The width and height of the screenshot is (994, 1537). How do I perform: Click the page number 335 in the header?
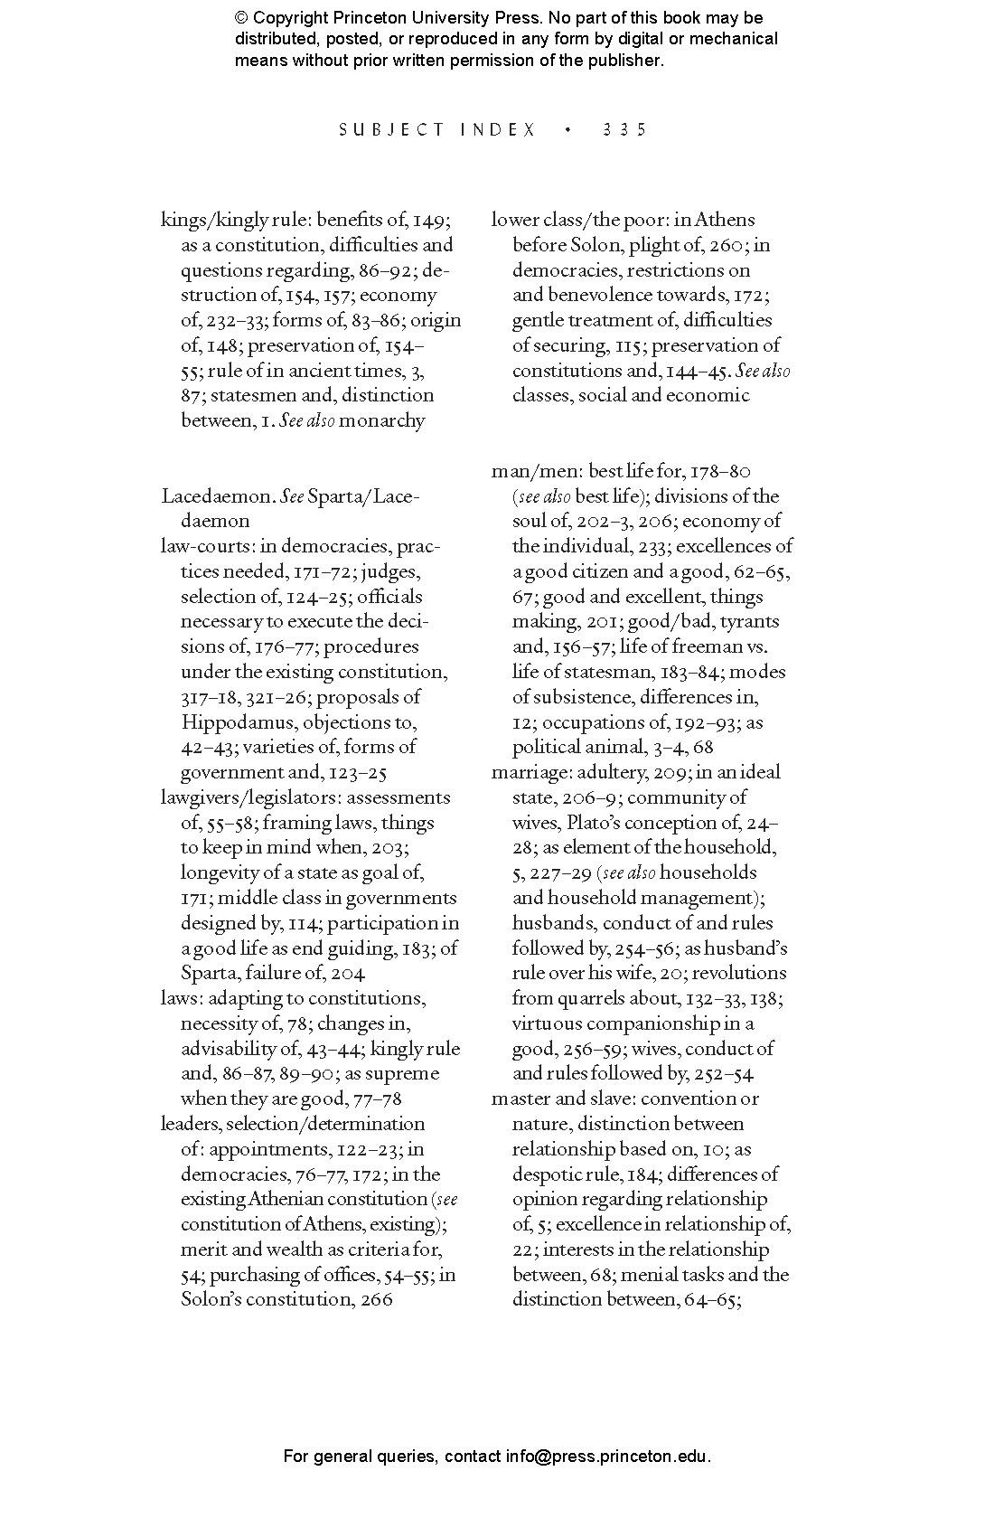pyautogui.click(x=624, y=129)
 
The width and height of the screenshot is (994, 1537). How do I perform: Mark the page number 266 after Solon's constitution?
pyautogui.click(x=375, y=1300)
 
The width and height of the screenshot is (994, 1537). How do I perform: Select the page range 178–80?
pyautogui.click(x=720, y=471)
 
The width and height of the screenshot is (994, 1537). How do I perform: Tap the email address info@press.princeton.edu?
pyautogui.click(x=606, y=1457)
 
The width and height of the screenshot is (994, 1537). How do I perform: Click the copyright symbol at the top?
pyautogui.click(x=241, y=18)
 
